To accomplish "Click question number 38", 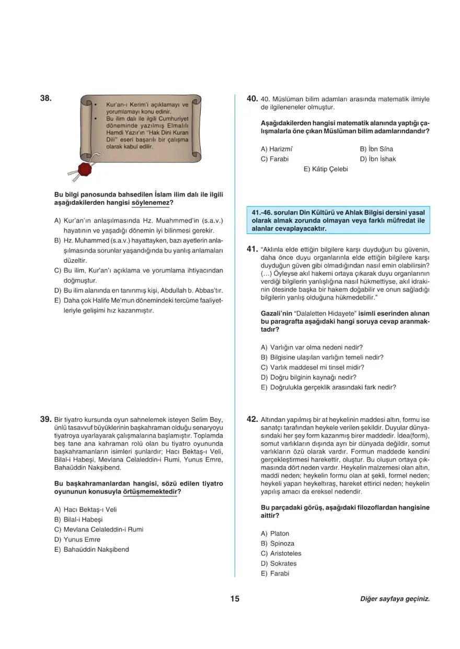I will click(45, 98).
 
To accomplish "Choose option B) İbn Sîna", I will click(376, 149).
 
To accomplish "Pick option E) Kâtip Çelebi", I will click(326, 169).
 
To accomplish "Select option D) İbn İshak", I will click(378, 159).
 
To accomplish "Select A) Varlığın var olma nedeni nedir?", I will click(312, 347).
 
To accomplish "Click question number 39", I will click(45, 419).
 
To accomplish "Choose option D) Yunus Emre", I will click(77, 539).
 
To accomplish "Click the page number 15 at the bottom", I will click(234, 599).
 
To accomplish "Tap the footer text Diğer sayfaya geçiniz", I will click(395, 599).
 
